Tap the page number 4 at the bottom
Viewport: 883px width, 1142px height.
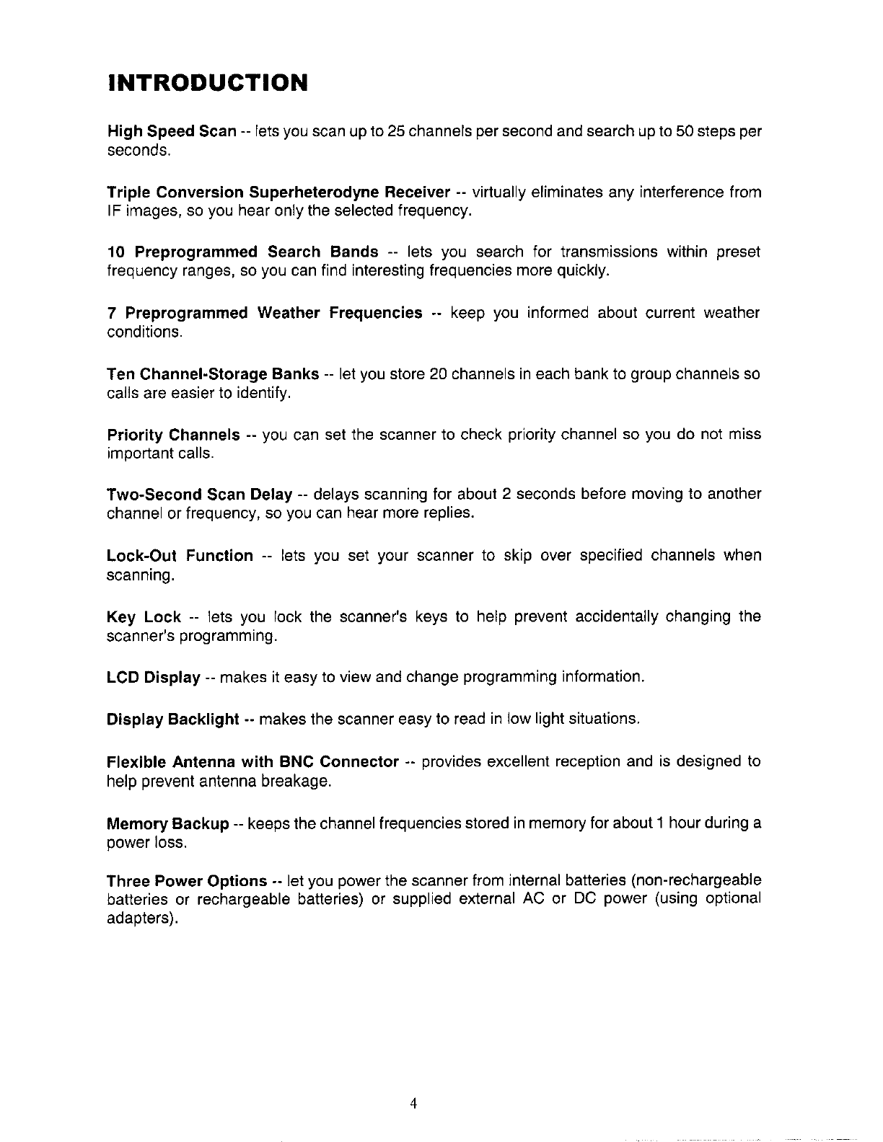pos(413,1103)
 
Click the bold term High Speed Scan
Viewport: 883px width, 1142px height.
pos(172,131)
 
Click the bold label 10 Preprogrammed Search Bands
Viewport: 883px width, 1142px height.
pos(242,252)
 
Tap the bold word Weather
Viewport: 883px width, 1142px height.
pos(289,313)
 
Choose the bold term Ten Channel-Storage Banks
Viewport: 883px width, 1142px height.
pos(213,374)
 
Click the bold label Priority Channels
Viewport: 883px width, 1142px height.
pos(173,435)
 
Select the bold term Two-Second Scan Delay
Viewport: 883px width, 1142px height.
pos(199,495)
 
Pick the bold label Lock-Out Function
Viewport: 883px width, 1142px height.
pos(180,556)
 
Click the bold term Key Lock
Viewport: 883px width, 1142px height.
pos(144,617)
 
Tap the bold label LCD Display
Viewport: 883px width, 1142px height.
pos(153,678)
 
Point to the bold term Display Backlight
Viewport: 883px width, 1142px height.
pos(172,720)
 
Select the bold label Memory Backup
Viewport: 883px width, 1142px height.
pos(167,823)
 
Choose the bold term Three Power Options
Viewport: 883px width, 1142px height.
pos(187,881)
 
